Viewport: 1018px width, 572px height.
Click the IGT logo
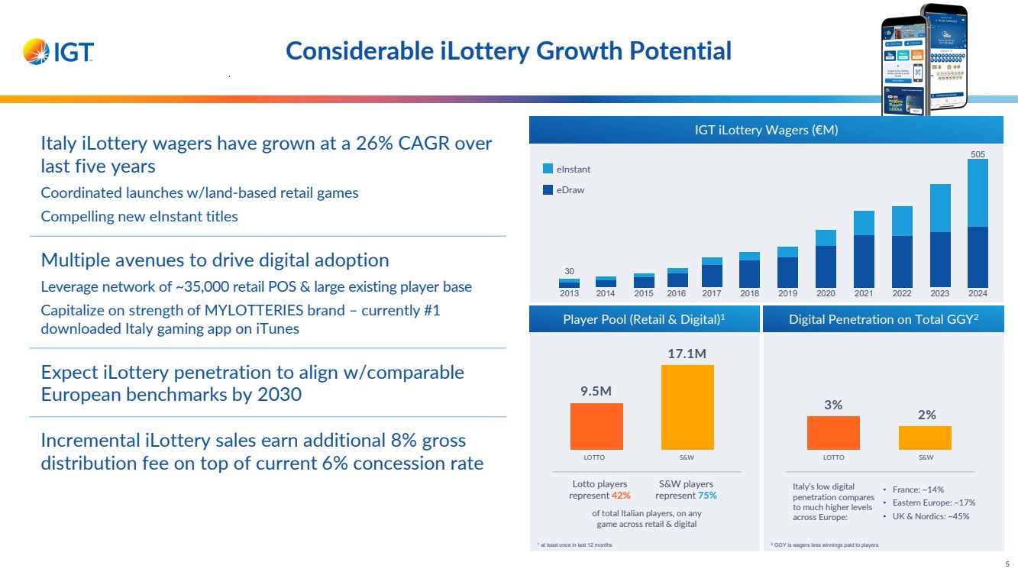click(59, 52)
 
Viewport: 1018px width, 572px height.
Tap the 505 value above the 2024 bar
click(978, 154)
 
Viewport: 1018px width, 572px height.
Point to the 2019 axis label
click(787, 293)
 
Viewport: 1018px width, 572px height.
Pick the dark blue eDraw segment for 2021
click(864, 260)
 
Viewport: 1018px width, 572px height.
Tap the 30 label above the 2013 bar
click(569, 271)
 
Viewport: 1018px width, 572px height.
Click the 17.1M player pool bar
click(687, 407)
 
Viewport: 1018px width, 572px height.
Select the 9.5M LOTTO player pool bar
click(596, 426)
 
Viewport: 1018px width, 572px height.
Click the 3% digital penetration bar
click(833, 433)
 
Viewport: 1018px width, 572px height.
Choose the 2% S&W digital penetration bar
click(925, 438)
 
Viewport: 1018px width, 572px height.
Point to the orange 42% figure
click(621, 496)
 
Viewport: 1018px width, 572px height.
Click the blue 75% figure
click(707, 496)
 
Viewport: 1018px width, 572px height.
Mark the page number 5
click(1007, 564)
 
